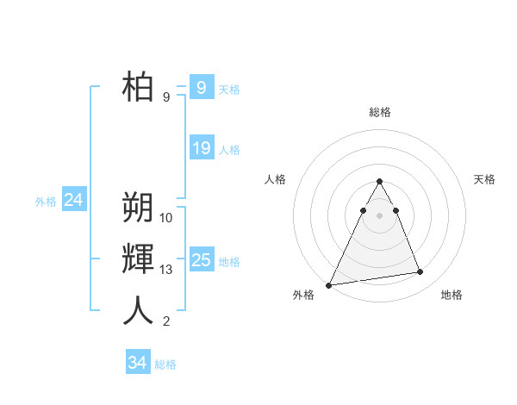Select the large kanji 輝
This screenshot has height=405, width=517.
click(138, 259)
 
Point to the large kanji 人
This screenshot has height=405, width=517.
click(138, 310)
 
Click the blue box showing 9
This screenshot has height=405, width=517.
click(201, 87)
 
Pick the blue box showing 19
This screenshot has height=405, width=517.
click(201, 148)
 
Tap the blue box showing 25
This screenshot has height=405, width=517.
click(201, 259)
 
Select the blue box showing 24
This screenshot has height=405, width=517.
click(73, 200)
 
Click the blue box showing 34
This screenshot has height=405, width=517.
click(137, 363)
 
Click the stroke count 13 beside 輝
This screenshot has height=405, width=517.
click(166, 270)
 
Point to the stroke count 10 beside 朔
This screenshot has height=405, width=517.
click(166, 218)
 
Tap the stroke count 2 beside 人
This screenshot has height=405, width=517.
click(166, 322)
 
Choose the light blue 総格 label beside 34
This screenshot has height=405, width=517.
click(165, 364)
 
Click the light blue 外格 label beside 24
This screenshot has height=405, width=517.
click(46, 202)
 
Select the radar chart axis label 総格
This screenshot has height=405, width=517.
click(379, 112)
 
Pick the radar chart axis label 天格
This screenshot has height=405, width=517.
click(484, 179)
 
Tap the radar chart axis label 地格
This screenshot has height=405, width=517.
click(452, 295)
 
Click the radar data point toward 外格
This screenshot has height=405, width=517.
click(329, 284)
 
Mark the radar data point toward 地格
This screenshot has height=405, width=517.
click(420, 272)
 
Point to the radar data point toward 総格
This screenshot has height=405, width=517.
click(379, 181)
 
